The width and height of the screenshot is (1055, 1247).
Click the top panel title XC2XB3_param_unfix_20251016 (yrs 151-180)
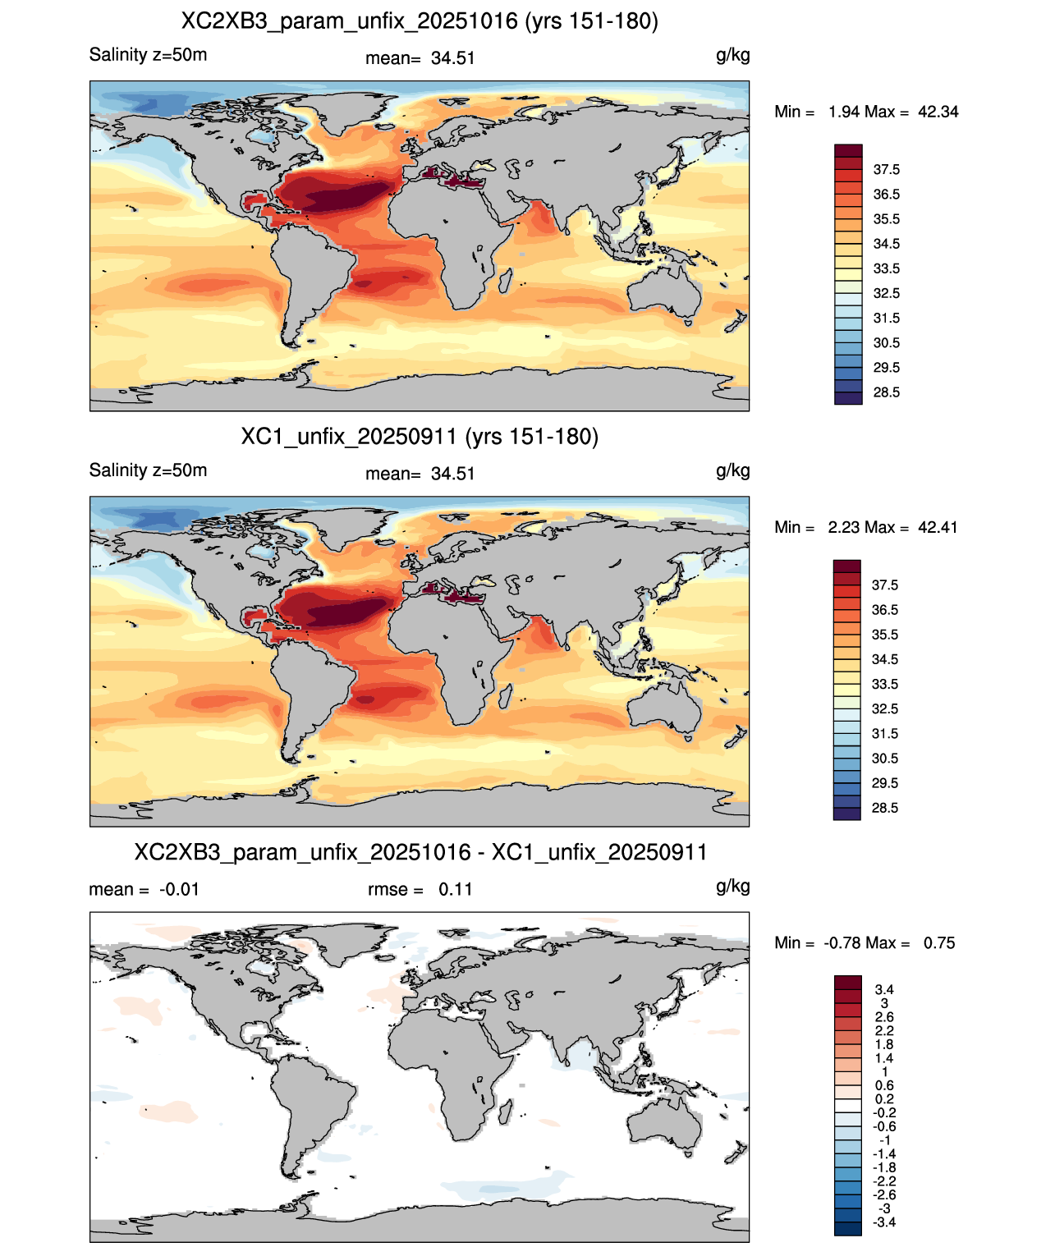pyautogui.click(x=420, y=21)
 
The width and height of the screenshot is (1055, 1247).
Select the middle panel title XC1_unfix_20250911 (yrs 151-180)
pyautogui.click(x=420, y=436)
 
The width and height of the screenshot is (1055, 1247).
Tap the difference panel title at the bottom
pyautogui.click(x=420, y=852)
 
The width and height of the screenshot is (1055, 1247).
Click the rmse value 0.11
pyautogui.click(x=456, y=889)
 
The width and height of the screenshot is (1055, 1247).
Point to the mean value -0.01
pyautogui.click(x=179, y=889)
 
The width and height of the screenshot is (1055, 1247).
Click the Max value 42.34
pyautogui.click(x=938, y=112)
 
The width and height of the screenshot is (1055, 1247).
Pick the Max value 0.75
pyautogui.click(x=939, y=943)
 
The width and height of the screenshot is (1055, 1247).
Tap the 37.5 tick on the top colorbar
pyautogui.click(x=886, y=170)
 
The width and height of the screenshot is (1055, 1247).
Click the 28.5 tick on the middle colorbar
pyautogui.click(x=885, y=808)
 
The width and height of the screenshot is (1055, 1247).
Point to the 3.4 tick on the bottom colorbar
pyautogui.click(x=884, y=989)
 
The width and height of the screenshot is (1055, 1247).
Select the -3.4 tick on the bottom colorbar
pyautogui.click(x=884, y=1222)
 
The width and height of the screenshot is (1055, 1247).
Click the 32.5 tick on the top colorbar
pyautogui.click(x=886, y=293)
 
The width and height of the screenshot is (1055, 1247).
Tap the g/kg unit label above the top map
pyautogui.click(x=733, y=56)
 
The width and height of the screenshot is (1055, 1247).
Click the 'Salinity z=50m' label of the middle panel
pyautogui.click(x=148, y=470)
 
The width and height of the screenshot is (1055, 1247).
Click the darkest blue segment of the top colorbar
pyautogui.click(x=848, y=398)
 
